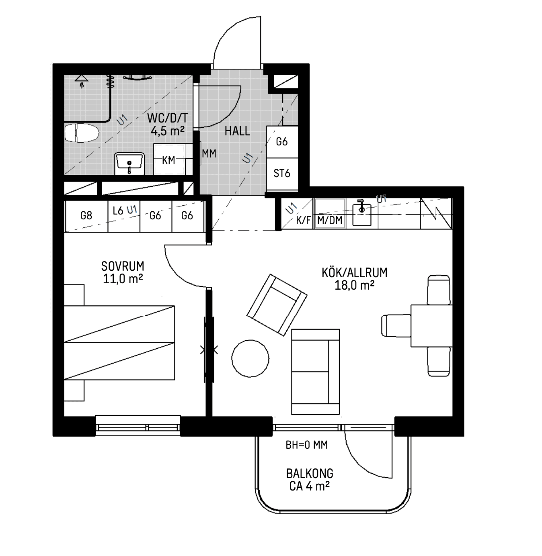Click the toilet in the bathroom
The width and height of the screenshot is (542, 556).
pyautogui.click(x=82, y=133)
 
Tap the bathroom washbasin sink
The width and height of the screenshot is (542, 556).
pyautogui.click(x=129, y=164)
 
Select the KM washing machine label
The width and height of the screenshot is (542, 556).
pyautogui.click(x=168, y=161)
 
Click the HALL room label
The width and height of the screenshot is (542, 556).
pyautogui.click(x=237, y=131)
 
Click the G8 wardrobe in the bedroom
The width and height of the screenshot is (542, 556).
pyautogui.click(x=86, y=216)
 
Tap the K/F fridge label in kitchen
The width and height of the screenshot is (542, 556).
pyautogui.click(x=304, y=220)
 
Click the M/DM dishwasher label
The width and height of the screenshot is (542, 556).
pyautogui.click(x=330, y=220)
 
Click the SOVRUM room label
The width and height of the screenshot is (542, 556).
pyautogui.click(x=123, y=266)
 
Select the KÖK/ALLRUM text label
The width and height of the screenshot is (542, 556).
pyautogui.click(x=355, y=273)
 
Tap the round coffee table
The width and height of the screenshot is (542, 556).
pyautogui.click(x=250, y=358)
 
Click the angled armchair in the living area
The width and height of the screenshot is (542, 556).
pyautogui.click(x=277, y=305)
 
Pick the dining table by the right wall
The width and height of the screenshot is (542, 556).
pyautogui.click(x=431, y=326)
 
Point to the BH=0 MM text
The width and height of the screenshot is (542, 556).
pyautogui.click(x=307, y=445)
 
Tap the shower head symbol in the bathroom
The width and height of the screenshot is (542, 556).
pyautogui.click(x=82, y=80)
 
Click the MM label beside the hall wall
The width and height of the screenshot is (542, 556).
pyautogui.click(x=209, y=154)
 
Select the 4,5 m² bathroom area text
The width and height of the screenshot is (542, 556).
pyautogui.click(x=168, y=131)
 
